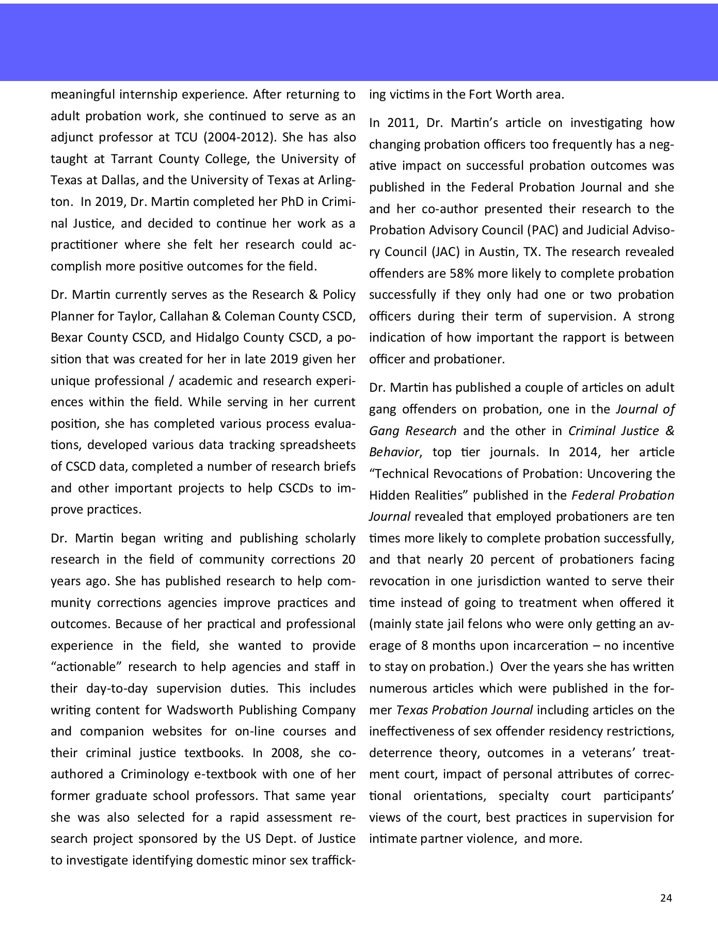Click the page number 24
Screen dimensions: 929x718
tap(666, 898)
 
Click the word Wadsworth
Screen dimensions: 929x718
tap(199, 710)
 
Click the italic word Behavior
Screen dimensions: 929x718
tap(394, 452)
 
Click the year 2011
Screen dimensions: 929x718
tap(397, 123)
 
